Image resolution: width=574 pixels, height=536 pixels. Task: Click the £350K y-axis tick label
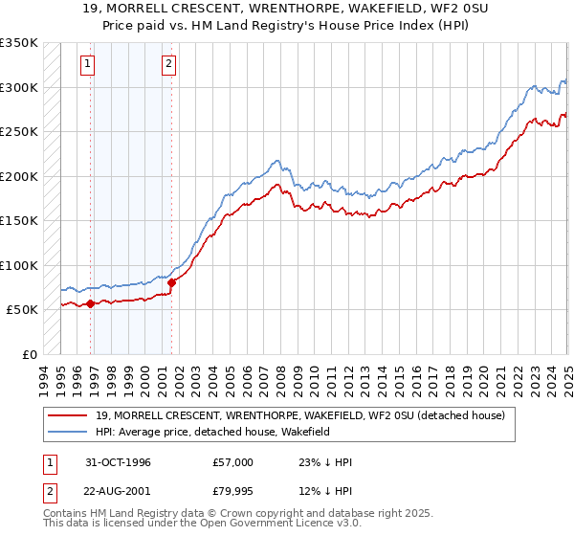pos(18,43)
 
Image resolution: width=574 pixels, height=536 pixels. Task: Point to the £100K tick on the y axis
pos(18,265)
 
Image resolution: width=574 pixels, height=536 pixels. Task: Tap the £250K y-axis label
pos(18,132)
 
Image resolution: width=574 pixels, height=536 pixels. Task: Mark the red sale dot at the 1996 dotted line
pos(91,304)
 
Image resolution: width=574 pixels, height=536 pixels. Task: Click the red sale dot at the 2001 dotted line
pos(172,282)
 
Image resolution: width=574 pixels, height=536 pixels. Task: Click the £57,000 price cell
pos(233,462)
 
